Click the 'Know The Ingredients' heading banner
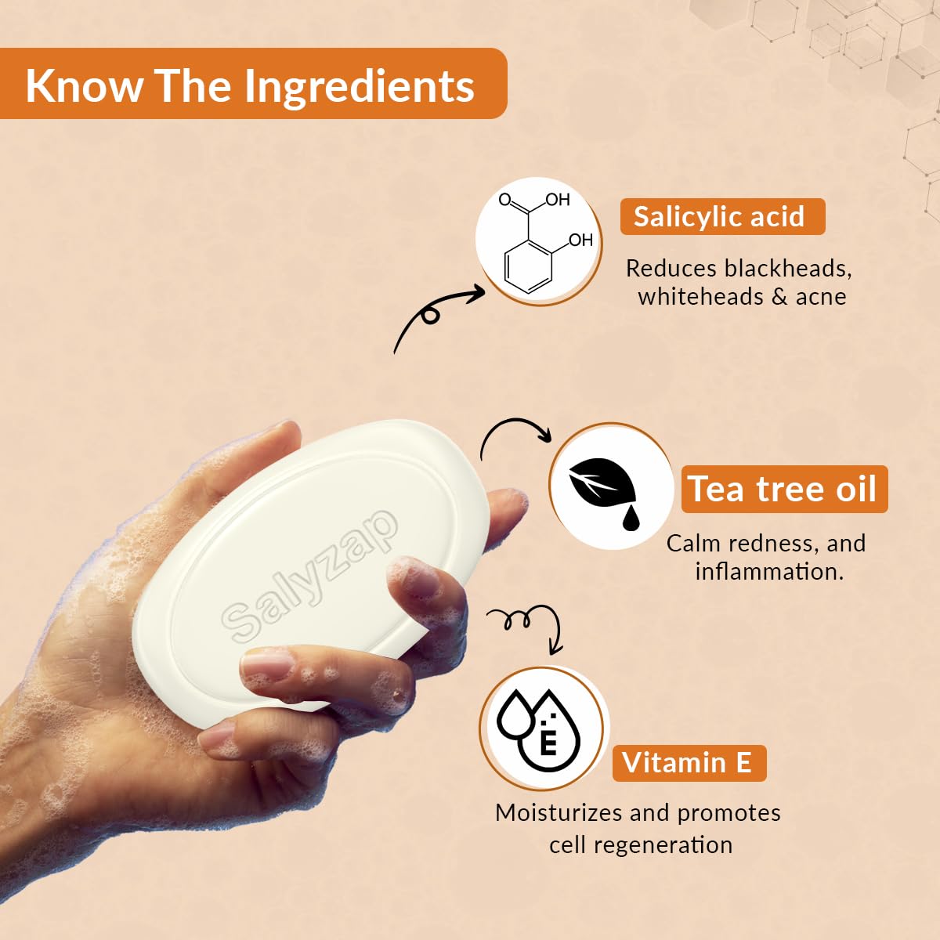251,85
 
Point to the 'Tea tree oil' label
783,490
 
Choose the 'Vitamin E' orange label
688,762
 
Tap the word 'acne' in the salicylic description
821,297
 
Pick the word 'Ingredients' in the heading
359,86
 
